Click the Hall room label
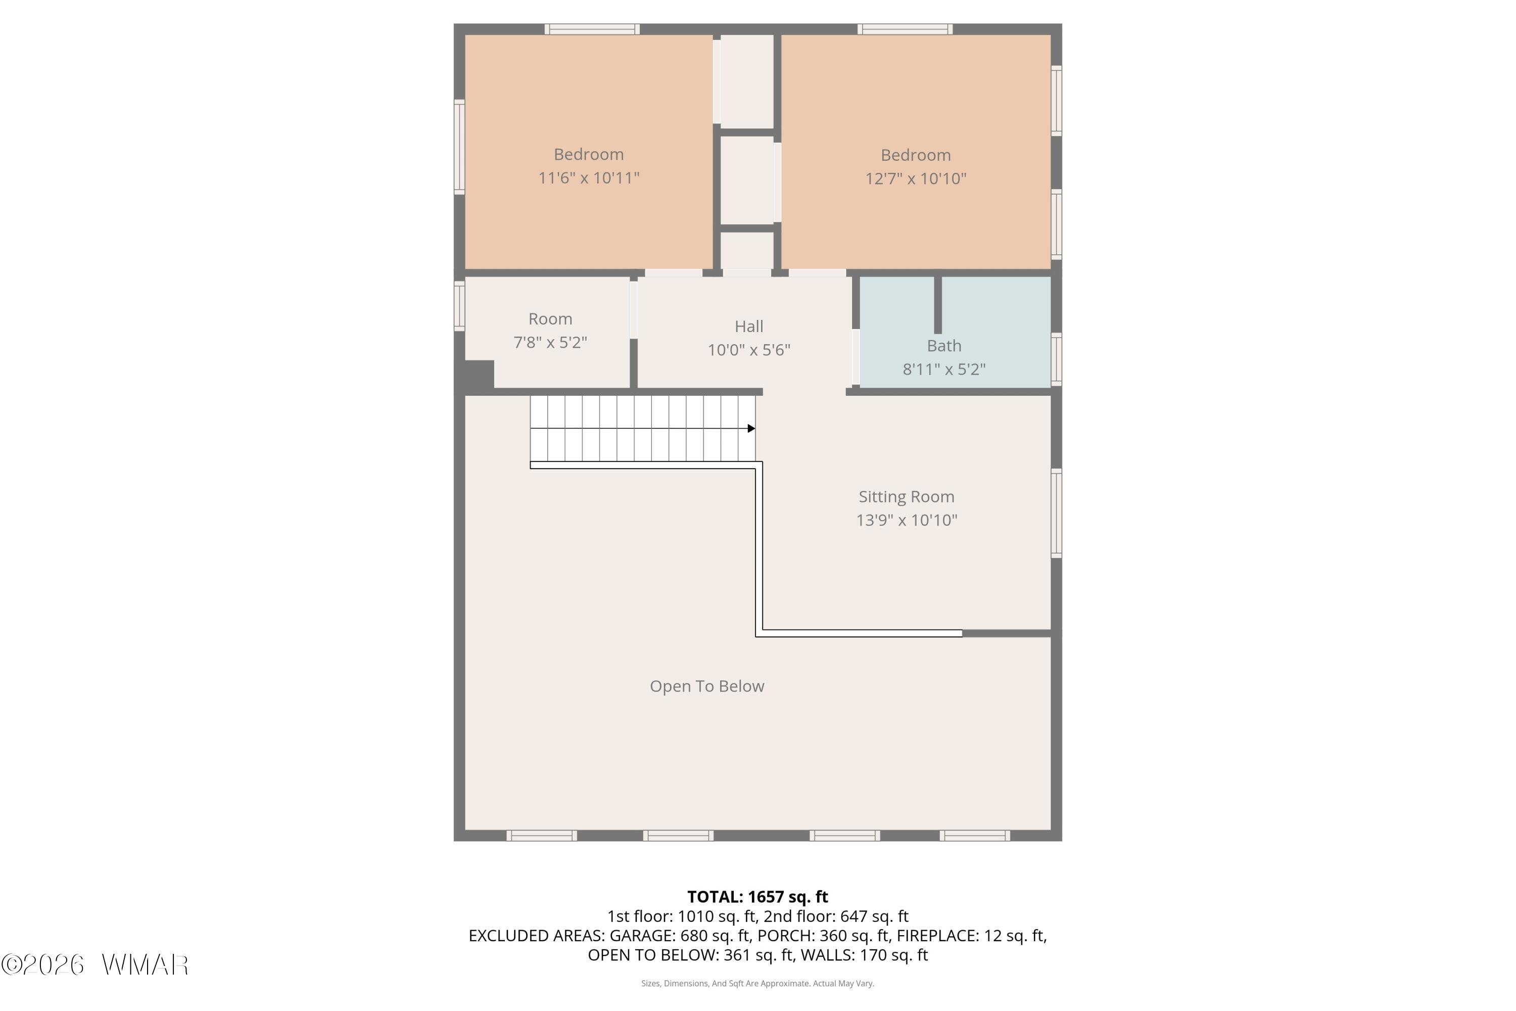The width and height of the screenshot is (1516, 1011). pos(749,326)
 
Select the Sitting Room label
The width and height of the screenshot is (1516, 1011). pos(906,496)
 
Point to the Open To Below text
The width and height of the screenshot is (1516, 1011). pos(707,686)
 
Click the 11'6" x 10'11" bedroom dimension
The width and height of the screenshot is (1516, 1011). pos(589,177)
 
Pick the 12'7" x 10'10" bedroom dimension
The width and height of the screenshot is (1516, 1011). pos(916,178)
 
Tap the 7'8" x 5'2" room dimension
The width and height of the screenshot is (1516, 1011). pos(550,342)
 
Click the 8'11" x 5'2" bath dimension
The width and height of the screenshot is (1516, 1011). pos(944,369)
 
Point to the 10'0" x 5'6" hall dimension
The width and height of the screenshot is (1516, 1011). pos(749,349)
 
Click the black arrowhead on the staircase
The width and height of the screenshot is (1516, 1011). pos(751,428)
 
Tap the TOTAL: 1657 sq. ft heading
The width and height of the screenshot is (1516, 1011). pos(758,897)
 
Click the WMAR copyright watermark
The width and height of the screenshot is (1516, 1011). pos(95,964)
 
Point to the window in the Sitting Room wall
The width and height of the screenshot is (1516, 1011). pos(1057,513)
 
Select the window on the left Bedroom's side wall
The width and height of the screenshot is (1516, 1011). pos(459,147)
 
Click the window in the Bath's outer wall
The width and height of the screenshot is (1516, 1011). pos(1057,359)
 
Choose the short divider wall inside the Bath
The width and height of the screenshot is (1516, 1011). pos(938,305)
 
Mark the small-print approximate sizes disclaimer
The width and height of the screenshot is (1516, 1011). pos(758,983)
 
